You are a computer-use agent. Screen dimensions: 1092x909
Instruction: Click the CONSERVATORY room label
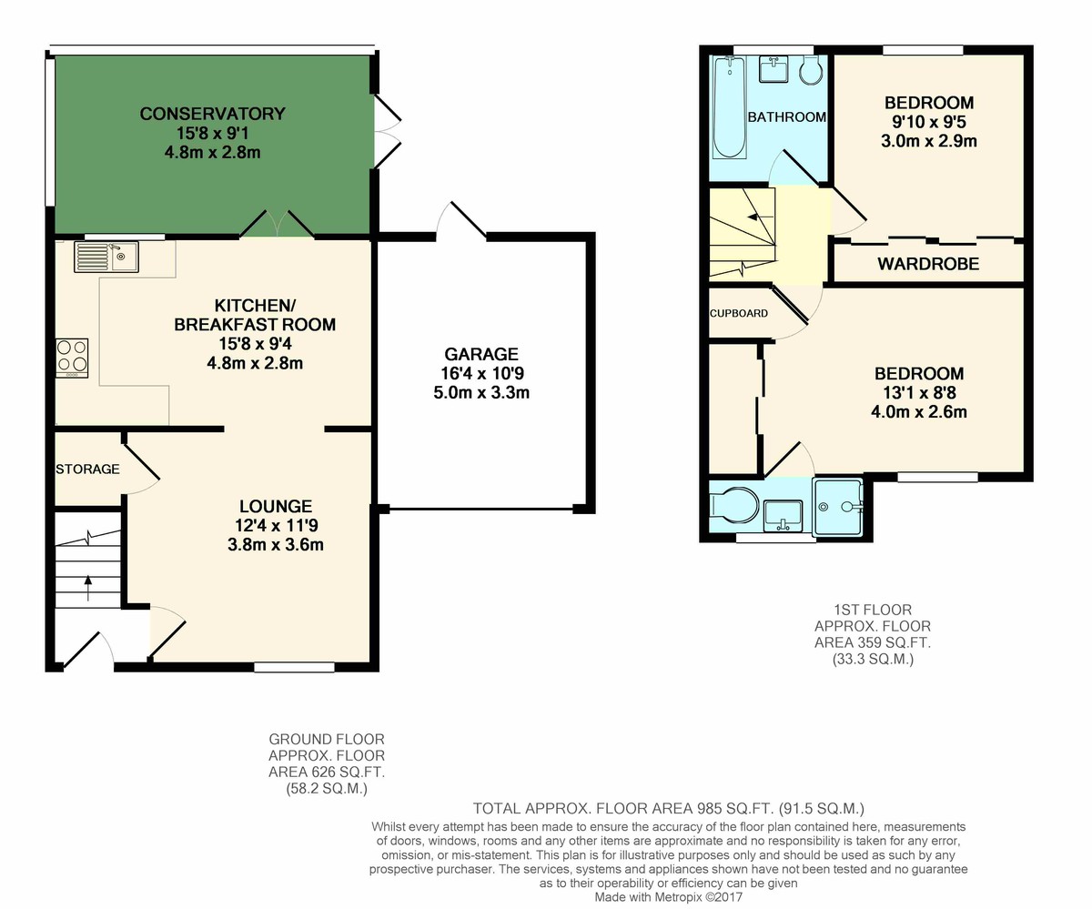pos(212,114)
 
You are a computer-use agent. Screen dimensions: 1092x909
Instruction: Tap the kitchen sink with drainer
pos(106,257)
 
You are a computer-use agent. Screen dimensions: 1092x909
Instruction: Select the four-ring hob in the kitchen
pos(72,359)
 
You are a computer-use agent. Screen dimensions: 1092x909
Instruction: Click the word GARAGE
pos(481,354)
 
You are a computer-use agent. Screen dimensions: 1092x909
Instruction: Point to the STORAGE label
pos(87,470)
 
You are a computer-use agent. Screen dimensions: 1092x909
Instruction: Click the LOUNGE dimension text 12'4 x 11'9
pos(276,525)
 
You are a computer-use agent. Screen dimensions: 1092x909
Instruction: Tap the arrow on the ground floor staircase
pos(88,587)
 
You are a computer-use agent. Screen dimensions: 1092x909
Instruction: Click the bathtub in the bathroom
pos(730,107)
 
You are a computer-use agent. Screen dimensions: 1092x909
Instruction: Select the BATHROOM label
pos(786,117)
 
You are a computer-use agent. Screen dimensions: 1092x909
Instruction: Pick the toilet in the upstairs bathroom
pos(812,71)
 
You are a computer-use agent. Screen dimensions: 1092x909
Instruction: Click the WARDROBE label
pos(928,264)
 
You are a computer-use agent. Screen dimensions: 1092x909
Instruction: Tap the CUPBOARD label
pos(738,313)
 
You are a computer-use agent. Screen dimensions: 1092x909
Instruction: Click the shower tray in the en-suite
pos(838,507)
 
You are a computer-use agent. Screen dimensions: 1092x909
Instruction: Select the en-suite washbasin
pos(783,516)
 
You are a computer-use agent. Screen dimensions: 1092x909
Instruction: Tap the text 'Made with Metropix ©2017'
pos(668,897)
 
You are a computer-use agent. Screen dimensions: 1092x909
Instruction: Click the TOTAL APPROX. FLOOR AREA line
pos(668,809)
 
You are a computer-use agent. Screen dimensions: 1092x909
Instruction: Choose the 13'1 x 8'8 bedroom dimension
pos(919,392)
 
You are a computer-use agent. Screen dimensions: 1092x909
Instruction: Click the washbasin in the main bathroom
pos(773,69)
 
